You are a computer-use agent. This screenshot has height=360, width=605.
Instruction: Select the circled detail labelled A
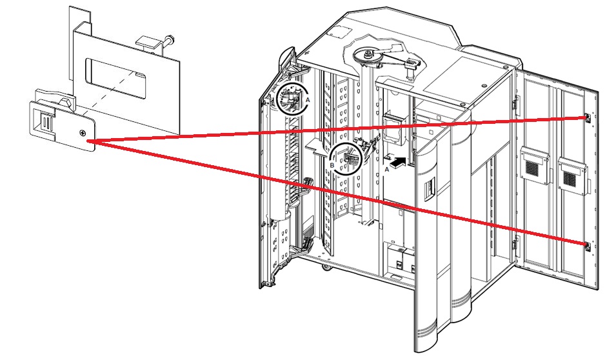(291, 98)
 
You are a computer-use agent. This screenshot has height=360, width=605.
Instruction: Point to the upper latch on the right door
(586, 118)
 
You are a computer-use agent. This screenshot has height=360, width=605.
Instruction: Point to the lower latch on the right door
(586, 245)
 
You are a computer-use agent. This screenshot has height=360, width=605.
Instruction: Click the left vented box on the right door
(534, 166)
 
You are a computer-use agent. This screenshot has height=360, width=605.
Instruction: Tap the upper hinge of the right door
(514, 103)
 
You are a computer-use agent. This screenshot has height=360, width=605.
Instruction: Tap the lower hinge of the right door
(514, 245)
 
